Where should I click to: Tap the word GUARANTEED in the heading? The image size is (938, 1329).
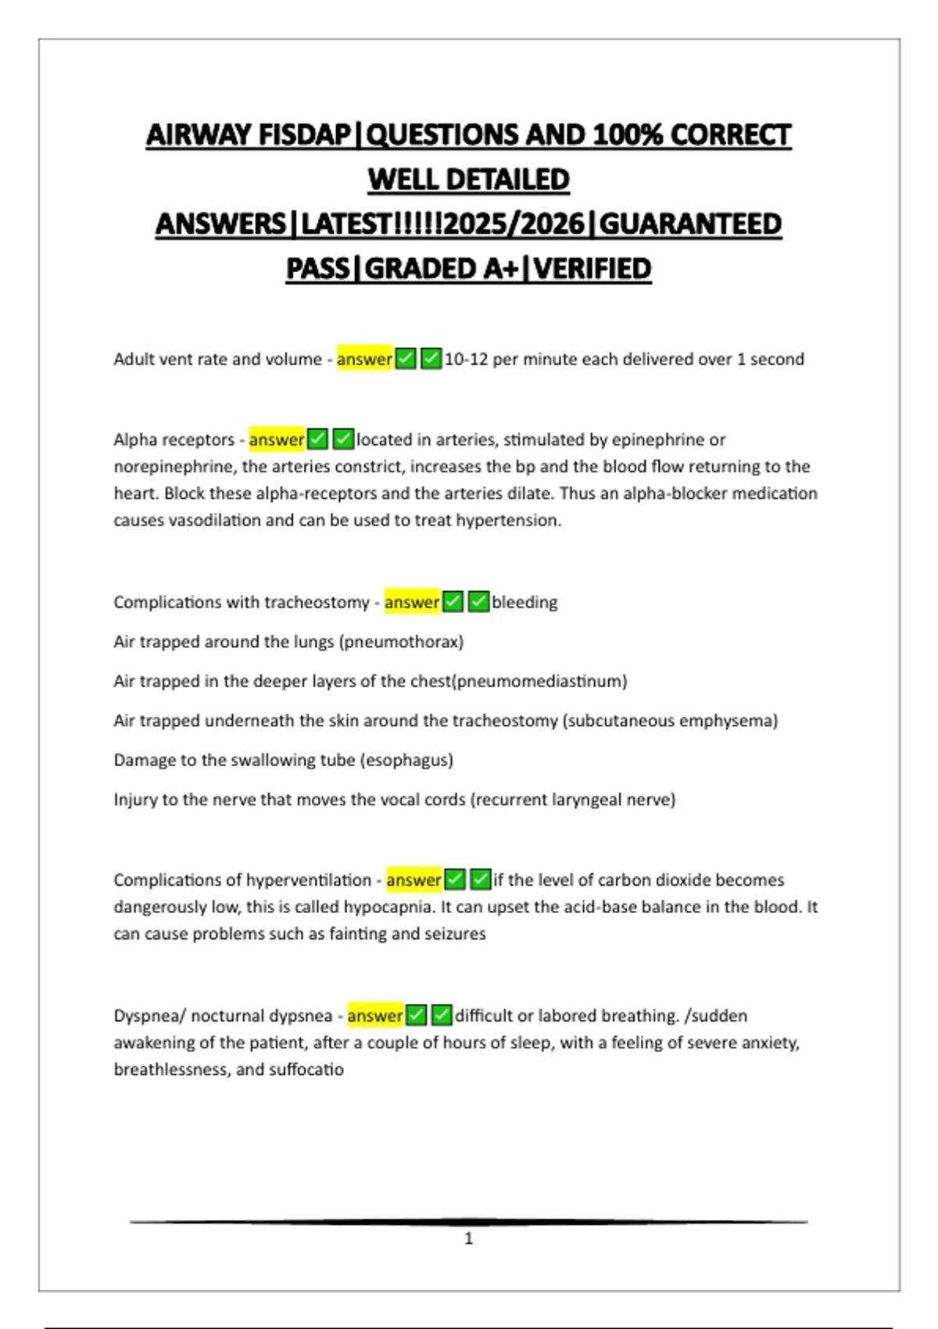coord(690,224)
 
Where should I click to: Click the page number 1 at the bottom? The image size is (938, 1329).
coord(468,1238)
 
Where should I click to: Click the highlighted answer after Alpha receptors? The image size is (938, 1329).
coord(277,440)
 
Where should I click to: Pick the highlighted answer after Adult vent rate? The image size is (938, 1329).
coord(364,360)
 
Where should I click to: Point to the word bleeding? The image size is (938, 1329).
coord(524,603)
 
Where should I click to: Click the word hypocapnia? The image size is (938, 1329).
coord(390,907)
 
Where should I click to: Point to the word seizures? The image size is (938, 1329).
coord(453,934)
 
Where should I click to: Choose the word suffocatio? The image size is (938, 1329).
coord(306,1069)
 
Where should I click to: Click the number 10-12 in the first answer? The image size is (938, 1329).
coord(467,360)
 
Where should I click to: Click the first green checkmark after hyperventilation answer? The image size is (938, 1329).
coord(455,880)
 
